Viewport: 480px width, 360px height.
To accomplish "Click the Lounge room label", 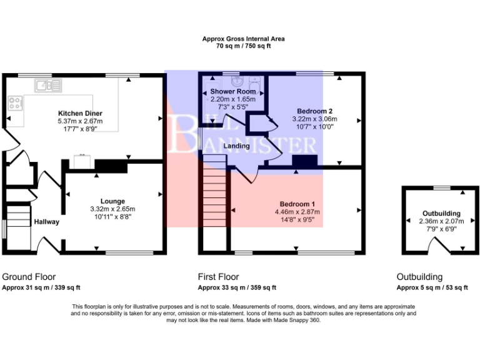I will click(112, 201).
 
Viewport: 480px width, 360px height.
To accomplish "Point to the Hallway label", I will click(47, 221).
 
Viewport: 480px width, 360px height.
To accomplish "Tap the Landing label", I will click(237, 146).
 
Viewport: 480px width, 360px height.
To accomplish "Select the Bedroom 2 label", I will click(314, 111).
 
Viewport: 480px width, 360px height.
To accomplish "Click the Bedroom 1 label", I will click(297, 204).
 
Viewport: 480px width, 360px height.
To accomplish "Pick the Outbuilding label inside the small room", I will click(441, 213).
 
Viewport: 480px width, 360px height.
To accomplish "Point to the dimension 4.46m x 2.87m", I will click(297, 212).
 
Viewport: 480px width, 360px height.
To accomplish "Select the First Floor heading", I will click(218, 277).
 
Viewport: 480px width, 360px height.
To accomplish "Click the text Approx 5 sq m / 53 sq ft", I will click(432, 287).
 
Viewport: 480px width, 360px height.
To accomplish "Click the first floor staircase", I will click(214, 194).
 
